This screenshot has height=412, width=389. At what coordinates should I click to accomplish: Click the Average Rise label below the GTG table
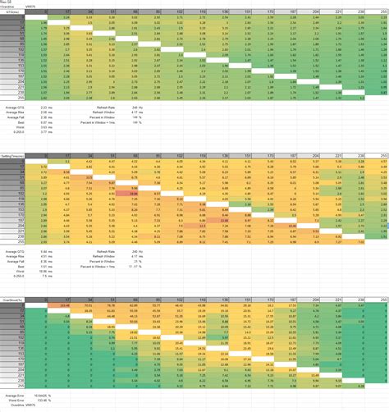(x=11, y=111)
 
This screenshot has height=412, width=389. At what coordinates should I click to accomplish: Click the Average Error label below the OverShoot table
(x=12, y=396)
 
